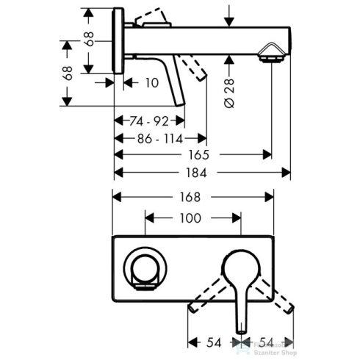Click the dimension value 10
point(151,83)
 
